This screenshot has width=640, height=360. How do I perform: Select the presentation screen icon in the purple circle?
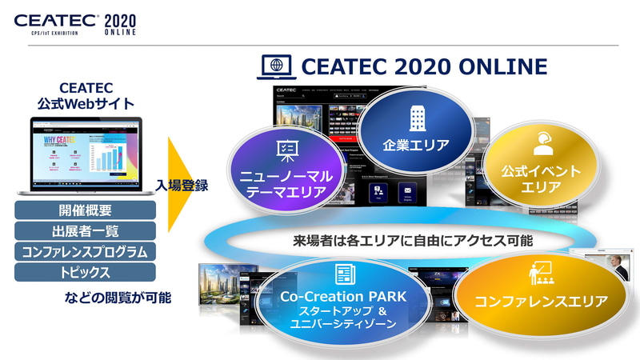(x=286, y=149)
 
